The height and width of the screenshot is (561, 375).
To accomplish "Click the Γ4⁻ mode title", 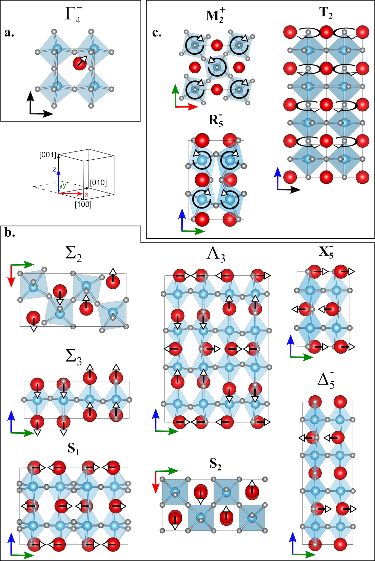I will pyautogui.click(x=74, y=14).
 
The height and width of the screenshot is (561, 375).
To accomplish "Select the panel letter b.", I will pyautogui.click(x=9, y=233).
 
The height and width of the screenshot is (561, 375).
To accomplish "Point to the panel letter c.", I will pyautogui.click(x=157, y=33).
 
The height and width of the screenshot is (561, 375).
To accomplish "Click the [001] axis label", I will pyautogui.click(x=47, y=155).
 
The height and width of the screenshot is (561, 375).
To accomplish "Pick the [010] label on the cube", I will pyautogui.click(x=98, y=183).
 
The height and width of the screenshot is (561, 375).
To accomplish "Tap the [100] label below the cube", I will pyautogui.click(x=83, y=204).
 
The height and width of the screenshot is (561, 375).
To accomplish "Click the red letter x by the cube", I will pyautogui.click(x=86, y=195).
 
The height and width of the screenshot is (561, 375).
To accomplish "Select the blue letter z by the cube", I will pyautogui.click(x=54, y=169).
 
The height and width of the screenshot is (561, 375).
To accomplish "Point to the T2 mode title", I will pyautogui.click(x=326, y=13).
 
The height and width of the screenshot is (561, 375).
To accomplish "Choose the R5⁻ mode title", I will pyautogui.click(x=216, y=120).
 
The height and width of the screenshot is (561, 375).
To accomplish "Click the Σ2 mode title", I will pyautogui.click(x=74, y=254).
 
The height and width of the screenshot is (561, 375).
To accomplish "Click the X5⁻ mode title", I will pyautogui.click(x=326, y=252).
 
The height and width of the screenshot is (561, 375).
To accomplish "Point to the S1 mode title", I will pyautogui.click(x=74, y=449).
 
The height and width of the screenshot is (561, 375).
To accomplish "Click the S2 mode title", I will pyautogui.click(x=216, y=464).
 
